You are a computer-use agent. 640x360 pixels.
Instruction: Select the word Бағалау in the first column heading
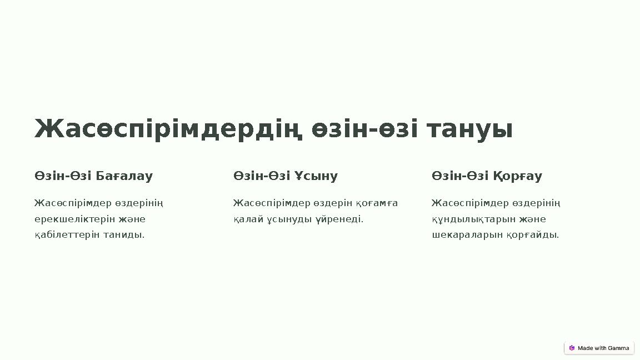pos(124,176)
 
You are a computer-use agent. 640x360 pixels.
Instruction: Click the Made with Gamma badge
pos(599,348)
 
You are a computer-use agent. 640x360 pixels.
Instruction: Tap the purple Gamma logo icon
pos(572,348)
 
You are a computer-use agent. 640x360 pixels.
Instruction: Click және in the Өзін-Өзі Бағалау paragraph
pos(132,219)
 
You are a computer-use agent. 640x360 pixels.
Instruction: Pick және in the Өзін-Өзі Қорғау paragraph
pos(532,219)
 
